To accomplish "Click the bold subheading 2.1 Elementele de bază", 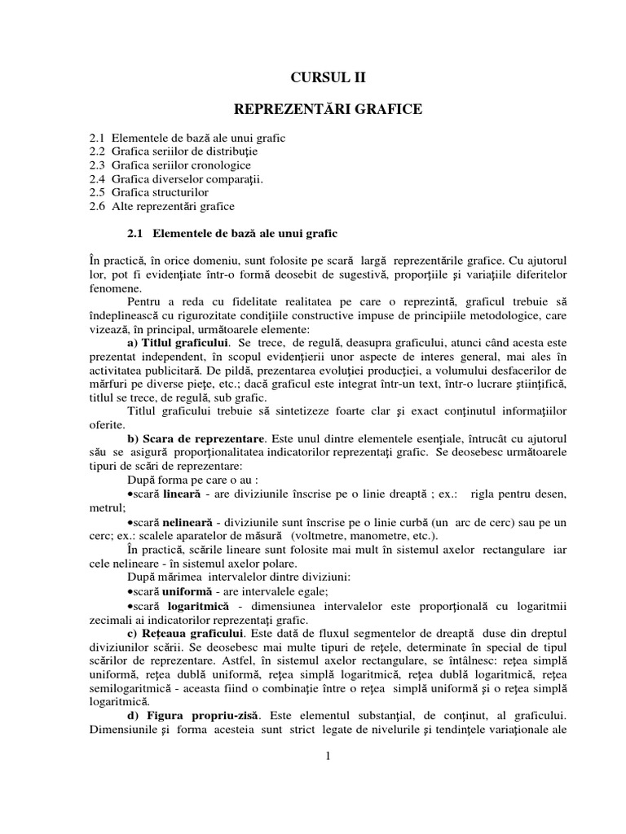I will click(x=233, y=234).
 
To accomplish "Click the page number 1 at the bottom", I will click(x=327, y=757).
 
